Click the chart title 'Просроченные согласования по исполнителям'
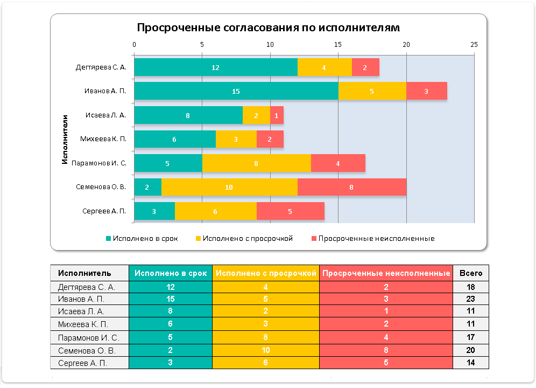click(x=268, y=27)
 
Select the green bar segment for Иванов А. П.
click(x=236, y=91)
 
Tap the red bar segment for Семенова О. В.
click(x=351, y=187)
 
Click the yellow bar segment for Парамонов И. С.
click(x=256, y=163)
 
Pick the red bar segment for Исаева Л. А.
click(x=277, y=115)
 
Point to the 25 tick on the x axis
click(x=474, y=45)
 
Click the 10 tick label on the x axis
click(x=270, y=45)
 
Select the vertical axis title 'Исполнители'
click(x=65, y=139)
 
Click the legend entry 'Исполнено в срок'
click(x=142, y=238)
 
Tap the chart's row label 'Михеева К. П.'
click(x=103, y=139)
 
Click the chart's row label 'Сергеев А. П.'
click(x=104, y=211)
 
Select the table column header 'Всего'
click(x=470, y=273)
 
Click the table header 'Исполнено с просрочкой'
click(x=266, y=273)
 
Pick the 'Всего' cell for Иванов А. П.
click(x=470, y=300)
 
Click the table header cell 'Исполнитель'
click(x=85, y=273)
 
